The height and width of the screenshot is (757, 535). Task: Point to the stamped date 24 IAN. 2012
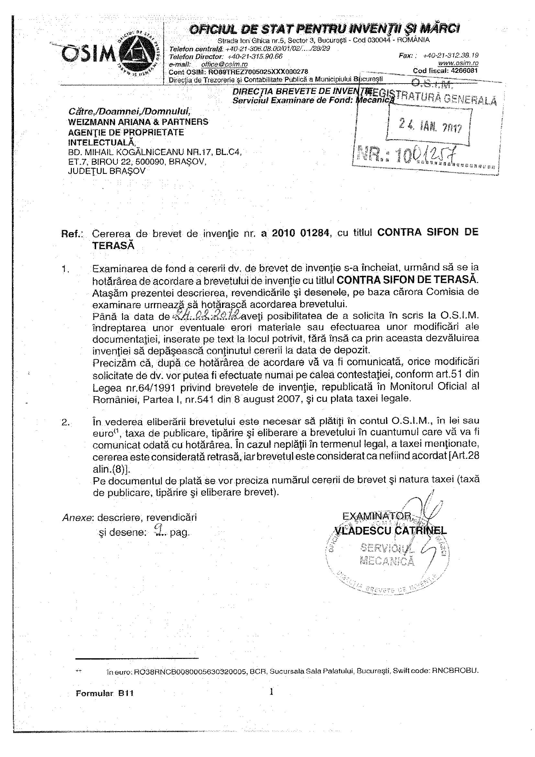coord(430,125)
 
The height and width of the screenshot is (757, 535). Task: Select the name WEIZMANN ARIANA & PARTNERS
coord(138,122)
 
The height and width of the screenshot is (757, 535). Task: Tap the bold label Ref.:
coord(72,234)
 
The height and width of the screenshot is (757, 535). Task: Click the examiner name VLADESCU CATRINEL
coord(391,530)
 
